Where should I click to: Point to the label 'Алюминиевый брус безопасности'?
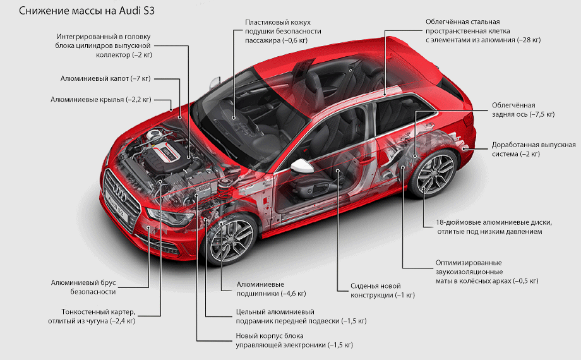click(x=89, y=287)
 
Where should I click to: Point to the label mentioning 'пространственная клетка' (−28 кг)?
click(x=483, y=30)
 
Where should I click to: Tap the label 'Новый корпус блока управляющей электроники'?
click(x=294, y=340)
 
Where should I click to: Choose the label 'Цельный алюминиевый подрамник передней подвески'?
click(x=301, y=316)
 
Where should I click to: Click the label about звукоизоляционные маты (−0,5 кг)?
click(x=486, y=272)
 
